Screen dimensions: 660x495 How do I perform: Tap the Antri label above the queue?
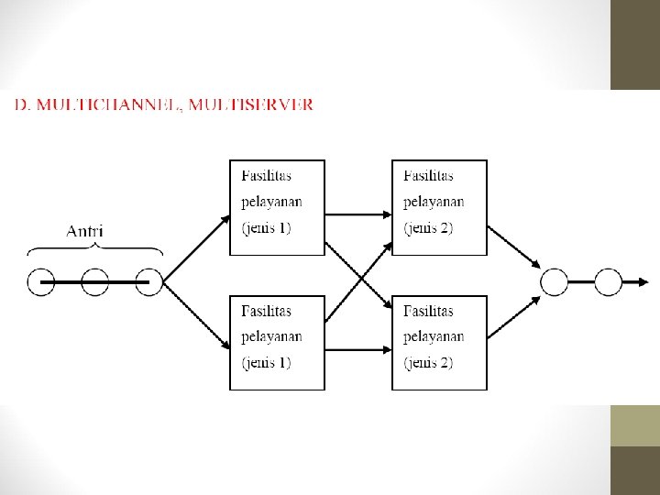[x=84, y=230]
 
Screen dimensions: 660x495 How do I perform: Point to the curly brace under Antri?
[x=95, y=248]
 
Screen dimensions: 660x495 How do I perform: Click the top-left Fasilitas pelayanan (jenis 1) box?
[x=276, y=207]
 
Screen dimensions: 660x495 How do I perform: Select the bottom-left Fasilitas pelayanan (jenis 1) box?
[x=276, y=343]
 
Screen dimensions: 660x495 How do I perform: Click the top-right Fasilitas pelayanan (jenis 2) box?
[x=439, y=207]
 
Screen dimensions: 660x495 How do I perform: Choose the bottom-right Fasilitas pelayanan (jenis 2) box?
[x=439, y=343]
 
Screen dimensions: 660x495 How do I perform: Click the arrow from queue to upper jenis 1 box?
[x=197, y=248]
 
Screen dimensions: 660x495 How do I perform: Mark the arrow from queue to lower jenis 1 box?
[x=197, y=317]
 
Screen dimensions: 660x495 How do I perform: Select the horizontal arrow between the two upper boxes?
[x=357, y=215]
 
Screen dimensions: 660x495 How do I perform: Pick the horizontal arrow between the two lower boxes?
[x=357, y=350]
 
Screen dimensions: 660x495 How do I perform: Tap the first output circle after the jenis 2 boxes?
[x=555, y=282]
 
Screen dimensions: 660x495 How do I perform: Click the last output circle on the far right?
[x=608, y=282]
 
